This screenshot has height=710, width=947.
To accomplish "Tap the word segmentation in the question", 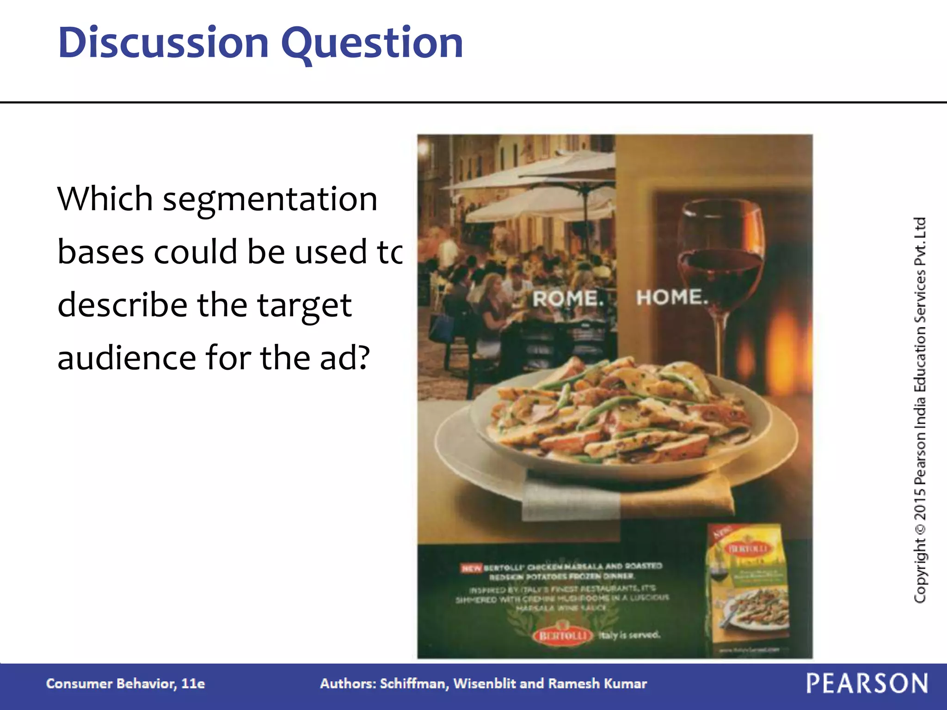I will click(x=270, y=200).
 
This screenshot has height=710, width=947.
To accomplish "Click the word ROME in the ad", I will click(x=568, y=298).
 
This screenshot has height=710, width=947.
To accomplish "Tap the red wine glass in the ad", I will click(x=721, y=259).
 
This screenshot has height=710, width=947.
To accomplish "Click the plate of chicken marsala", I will click(x=615, y=421).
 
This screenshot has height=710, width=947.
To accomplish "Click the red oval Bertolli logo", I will click(x=563, y=636).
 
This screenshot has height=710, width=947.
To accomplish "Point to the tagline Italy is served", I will click(x=629, y=635).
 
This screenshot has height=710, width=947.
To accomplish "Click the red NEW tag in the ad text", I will click(x=471, y=568).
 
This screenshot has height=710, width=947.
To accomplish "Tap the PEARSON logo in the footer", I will click(x=867, y=683).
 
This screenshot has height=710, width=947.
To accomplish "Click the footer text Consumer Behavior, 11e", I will click(x=125, y=684).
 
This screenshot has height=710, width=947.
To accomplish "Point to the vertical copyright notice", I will click(x=920, y=410).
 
